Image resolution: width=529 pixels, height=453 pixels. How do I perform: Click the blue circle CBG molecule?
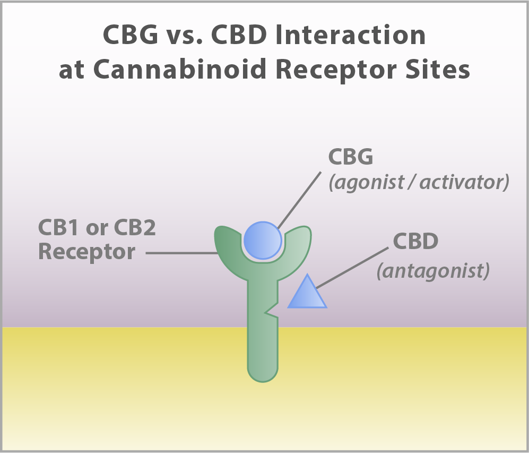pyautogui.click(x=263, y=241)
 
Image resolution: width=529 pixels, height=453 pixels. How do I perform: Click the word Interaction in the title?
pyautogui.click(x=350, y=35)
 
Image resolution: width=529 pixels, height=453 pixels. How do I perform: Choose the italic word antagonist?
pyautogui.click(x=433, y=271)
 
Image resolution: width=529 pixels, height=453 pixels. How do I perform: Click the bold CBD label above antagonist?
pyautogui.click(x=415, y=241)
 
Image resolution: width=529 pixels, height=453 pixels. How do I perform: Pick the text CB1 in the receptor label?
pyautogui.click(x=59, y=227)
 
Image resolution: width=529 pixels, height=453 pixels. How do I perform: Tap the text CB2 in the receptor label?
pyautogui.click(x=135, y=227)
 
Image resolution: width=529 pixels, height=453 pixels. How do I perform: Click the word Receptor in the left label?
pyautogui.click(x=86, y=252)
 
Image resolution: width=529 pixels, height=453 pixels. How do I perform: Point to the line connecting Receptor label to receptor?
pyautogui.click(x=181, y=252)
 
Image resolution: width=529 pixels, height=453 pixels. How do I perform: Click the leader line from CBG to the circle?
pyautogui.click(x=299, y=200)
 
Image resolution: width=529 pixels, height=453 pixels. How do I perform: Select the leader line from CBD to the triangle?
pyautogui.click(x=352, y=268)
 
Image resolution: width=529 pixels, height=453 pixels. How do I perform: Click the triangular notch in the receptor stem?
pyautogui.click(x=272, y=309)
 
